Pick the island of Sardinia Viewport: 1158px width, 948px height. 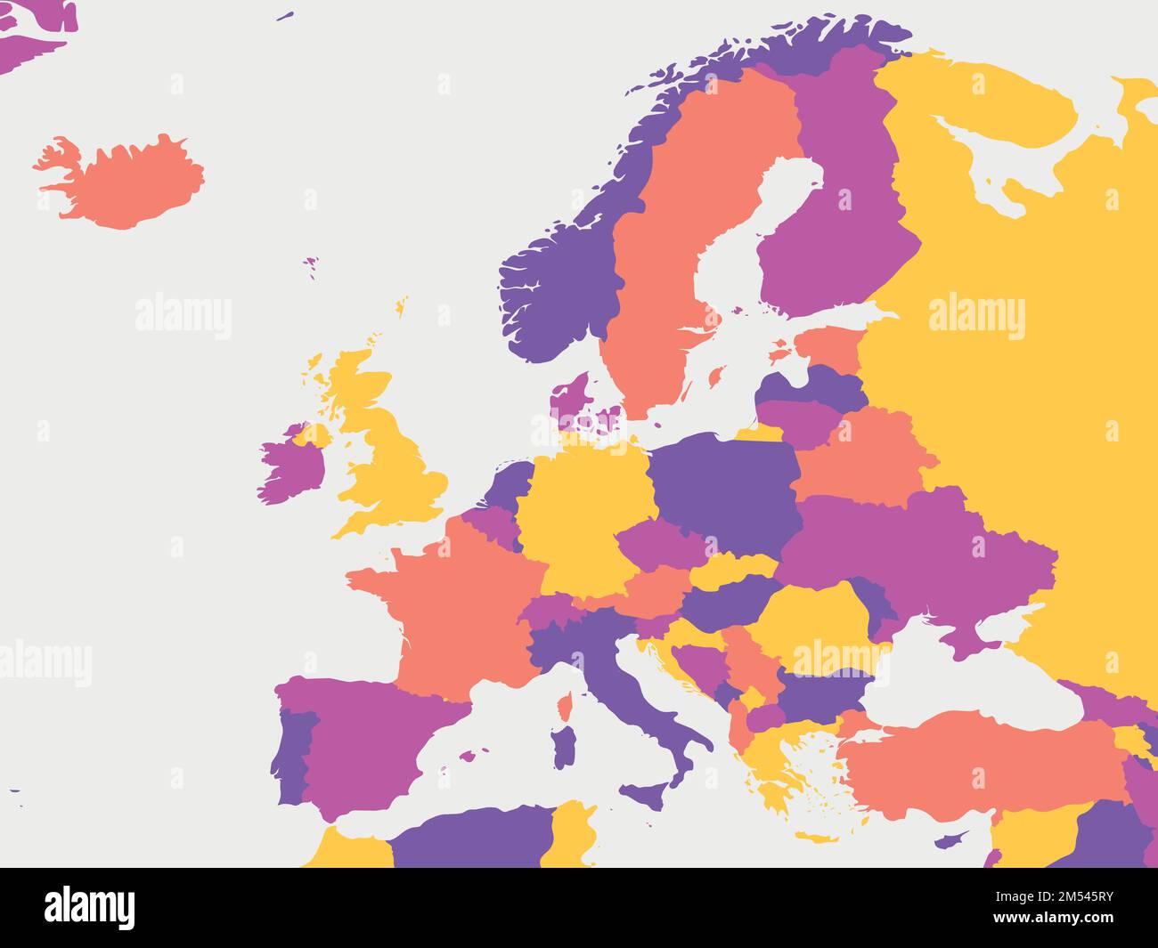563,746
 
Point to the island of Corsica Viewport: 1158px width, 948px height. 563,709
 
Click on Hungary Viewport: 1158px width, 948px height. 726,601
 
